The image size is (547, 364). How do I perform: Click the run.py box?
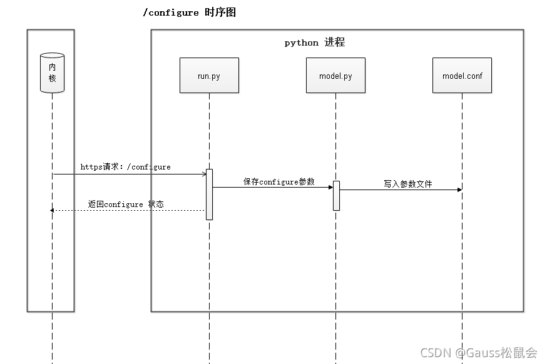pyautogui.click(x=209, y=76)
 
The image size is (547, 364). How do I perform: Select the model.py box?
pyautogui.click(x=335, y=76)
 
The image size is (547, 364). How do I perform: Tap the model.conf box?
pyautogui.click(x=462, y=76)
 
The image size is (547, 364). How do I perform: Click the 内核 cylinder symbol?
pyautogui.click(x=53, y=73)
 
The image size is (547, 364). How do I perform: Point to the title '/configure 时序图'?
pyautogui.click(x=189, y=13)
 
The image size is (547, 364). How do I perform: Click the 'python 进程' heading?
pyautogui.click(x=314, y=43)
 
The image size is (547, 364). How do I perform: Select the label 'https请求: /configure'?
pyautogui.click(x=125, y=167)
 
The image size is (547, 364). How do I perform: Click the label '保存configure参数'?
pyautogui.click(x=279, y=181)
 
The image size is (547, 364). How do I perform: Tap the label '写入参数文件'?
pyautogui.click(x=408, y=184)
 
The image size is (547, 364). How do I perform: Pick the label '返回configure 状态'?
pyautogui.click(x=126, y=204)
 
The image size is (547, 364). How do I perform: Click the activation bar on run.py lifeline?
pyautogui.click(x=209, y=194)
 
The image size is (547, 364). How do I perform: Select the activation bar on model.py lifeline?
pyautogui.click(x=336, y=195)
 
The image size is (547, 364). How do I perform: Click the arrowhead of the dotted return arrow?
pyautogui.click(x=52, y=210)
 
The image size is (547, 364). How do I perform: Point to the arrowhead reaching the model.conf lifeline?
pyautogui.click(x=459, y=190)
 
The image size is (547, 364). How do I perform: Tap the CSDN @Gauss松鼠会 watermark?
pyautogui.click(x=479, y=353)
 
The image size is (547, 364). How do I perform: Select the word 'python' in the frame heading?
pyautogui.click(x=302, y=43)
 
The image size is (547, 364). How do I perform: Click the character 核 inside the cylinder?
pyautogui.click(x=53, y=78)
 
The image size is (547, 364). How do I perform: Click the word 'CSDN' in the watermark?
pyautogui.click(x=436, y=353)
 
